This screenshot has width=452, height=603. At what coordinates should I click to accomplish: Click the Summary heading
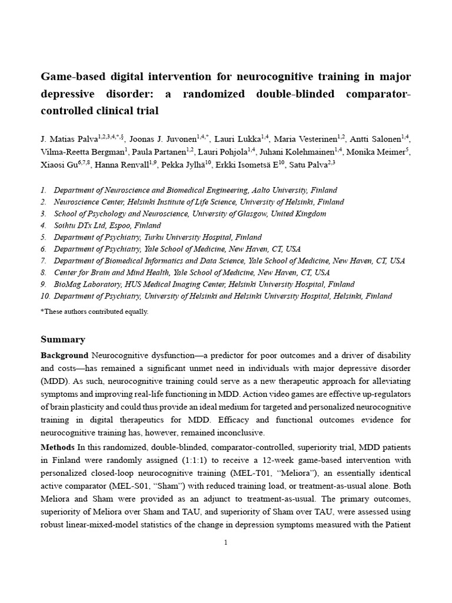[63, 339]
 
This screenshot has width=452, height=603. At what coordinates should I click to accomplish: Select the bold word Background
[64, 356]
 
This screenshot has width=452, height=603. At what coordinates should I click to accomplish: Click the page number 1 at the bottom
[225, 542]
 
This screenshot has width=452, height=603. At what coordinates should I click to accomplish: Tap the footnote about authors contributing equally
[94, 312]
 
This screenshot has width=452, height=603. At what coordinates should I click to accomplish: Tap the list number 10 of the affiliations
[45, 296]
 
